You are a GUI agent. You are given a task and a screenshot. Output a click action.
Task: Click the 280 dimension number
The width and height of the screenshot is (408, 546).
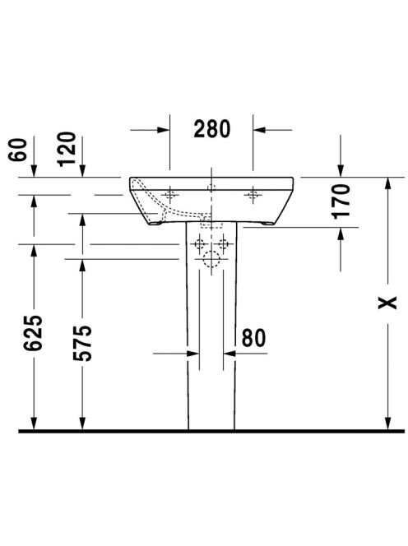pos(212,129)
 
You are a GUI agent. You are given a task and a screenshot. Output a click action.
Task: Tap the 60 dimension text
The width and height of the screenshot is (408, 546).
pos(18,150)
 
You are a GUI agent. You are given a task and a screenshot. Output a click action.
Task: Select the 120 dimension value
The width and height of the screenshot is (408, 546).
pos(67,149)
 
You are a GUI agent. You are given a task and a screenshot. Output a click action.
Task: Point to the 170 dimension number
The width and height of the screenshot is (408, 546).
pos(341,201)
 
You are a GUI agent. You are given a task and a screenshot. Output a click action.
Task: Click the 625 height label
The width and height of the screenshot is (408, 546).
pos(34,333)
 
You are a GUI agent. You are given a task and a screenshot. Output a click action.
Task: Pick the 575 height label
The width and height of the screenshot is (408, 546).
pos(82,343)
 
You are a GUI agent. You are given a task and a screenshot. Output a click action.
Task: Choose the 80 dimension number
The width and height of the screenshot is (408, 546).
pos(253,337)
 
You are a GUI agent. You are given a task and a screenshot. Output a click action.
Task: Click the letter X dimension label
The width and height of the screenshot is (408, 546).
pos(387,303)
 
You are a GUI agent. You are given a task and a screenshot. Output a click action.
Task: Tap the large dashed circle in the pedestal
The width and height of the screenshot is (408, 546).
pos(211,259)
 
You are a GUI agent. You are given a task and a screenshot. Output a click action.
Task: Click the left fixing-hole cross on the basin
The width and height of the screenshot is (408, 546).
pos(169,195)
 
